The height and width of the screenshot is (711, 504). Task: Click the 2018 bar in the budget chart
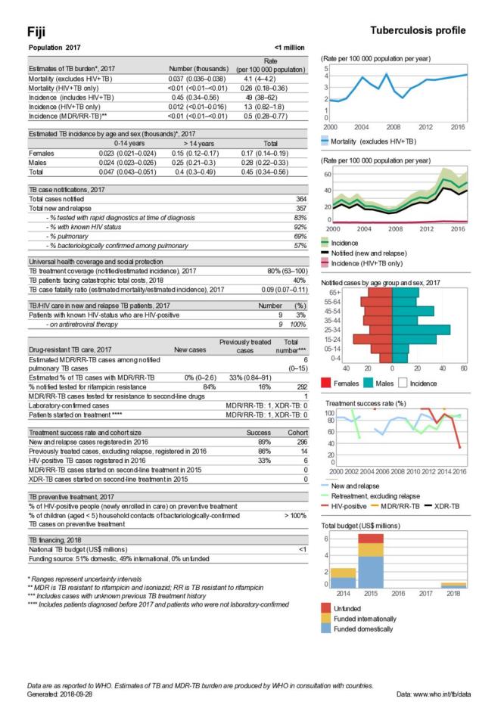453,585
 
